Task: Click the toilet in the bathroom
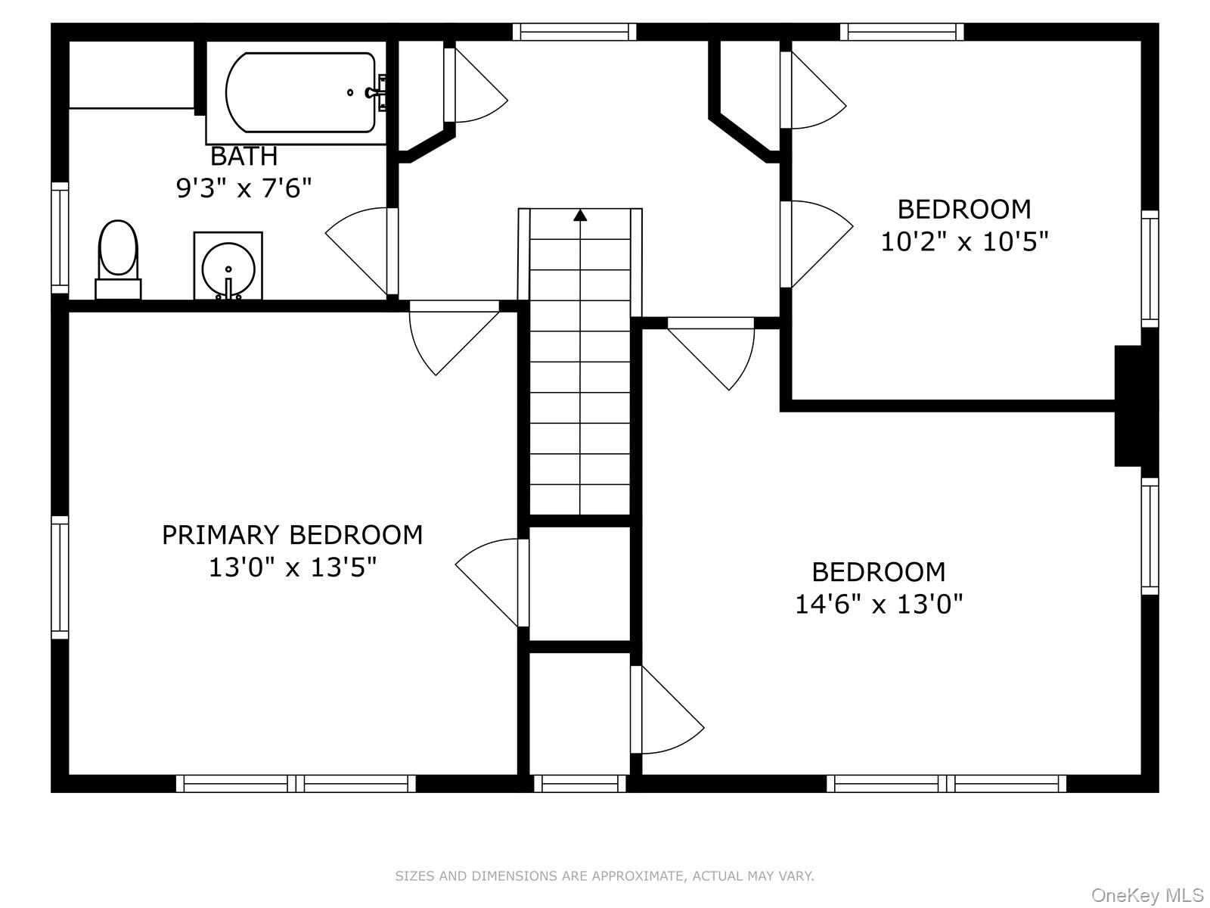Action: click(118, 259)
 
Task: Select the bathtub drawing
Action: click(300, 92)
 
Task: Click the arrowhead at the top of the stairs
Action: click(580, 215)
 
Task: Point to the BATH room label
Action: click(244, 157)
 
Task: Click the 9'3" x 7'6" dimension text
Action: click(244, 188)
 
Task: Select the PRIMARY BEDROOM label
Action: click(292, 535)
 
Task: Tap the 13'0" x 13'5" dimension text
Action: click(292, 567)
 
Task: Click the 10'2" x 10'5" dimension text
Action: click(964, 242)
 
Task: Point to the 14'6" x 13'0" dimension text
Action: click(879, 605)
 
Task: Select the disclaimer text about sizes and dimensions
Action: click(604, 875)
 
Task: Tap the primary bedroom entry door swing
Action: click(454, 337)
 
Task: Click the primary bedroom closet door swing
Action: click(492, 582)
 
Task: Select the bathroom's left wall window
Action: click(60, 238)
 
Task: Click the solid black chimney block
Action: click(1128, 406)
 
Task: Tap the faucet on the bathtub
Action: click(377, 92)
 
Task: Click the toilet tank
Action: click(118, 290)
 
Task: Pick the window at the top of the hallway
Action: click(575, 32)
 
